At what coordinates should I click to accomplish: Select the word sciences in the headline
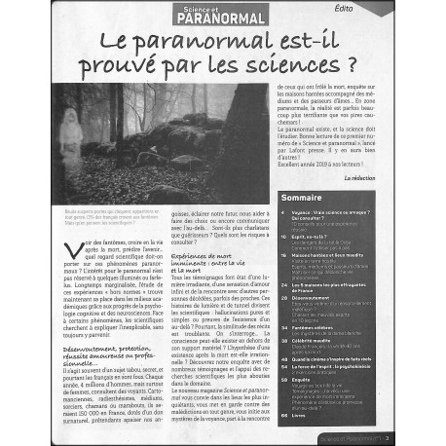pyautogui.click(x=298, y=68)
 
